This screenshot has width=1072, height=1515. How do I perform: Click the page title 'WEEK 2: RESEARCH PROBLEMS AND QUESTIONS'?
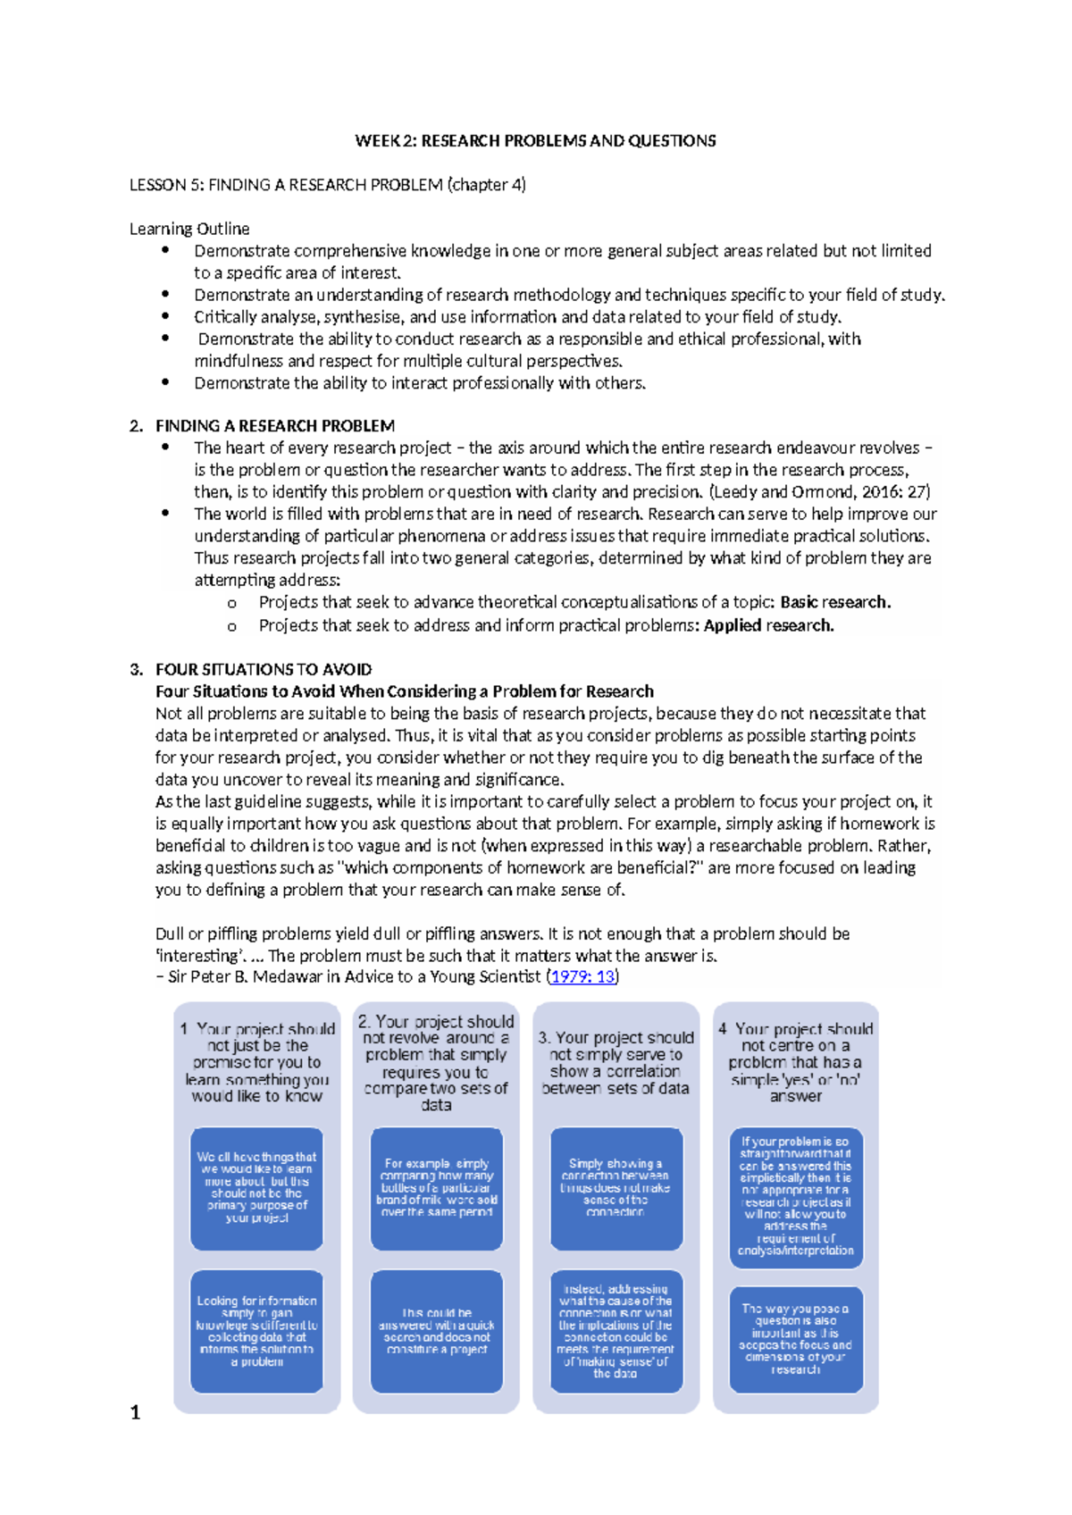click(535, 141)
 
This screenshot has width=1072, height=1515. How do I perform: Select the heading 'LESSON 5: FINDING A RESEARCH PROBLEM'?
click(327, 185)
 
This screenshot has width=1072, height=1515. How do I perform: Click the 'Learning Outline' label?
click(189, 229)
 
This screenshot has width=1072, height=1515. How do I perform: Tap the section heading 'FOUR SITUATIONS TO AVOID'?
click(264, 669)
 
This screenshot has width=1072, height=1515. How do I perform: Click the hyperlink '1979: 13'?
click(582, 977)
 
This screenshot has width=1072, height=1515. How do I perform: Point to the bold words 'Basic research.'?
click(835, 602)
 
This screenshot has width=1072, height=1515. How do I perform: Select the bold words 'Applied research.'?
click(768, 625)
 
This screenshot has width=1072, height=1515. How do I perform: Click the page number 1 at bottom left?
click(136, 1412)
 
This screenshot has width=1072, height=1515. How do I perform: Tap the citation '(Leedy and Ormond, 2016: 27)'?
click(819, 491)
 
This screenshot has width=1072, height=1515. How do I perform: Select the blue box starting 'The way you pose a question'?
click(796, 1338)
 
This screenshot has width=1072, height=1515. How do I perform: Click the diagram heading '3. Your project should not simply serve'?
click(616, 1063)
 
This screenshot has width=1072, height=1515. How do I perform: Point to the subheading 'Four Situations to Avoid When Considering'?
click(404, 691)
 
